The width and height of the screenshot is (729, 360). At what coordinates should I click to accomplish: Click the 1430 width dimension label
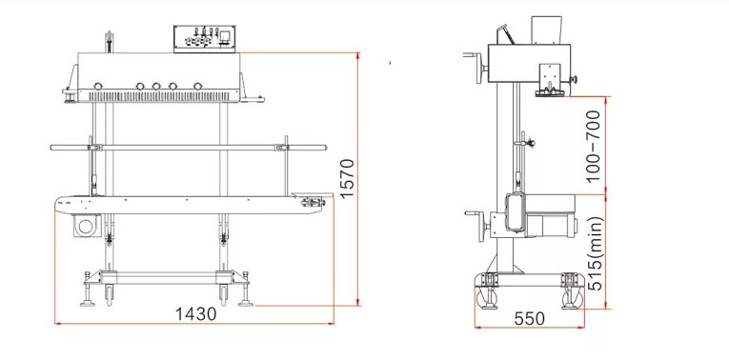tap(195, 314)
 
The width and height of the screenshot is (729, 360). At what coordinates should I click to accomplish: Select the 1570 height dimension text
tap(347, 178)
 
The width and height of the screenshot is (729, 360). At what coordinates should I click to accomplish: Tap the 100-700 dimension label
tap(594, 146)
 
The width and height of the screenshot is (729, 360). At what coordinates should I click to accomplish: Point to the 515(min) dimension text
tap(595, 253)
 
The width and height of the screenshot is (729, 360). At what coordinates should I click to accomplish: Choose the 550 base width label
tap(530, 319)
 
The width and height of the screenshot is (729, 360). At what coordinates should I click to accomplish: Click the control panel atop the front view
tap(204, 38)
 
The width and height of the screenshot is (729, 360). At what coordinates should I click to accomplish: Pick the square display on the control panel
tap(226, 36)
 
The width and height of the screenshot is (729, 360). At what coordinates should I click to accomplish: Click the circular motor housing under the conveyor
tap(87, 227)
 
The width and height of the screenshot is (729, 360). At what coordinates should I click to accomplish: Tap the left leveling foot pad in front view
tap(87, 304)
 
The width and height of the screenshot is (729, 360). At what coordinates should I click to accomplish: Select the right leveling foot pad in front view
tap(246, 304)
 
